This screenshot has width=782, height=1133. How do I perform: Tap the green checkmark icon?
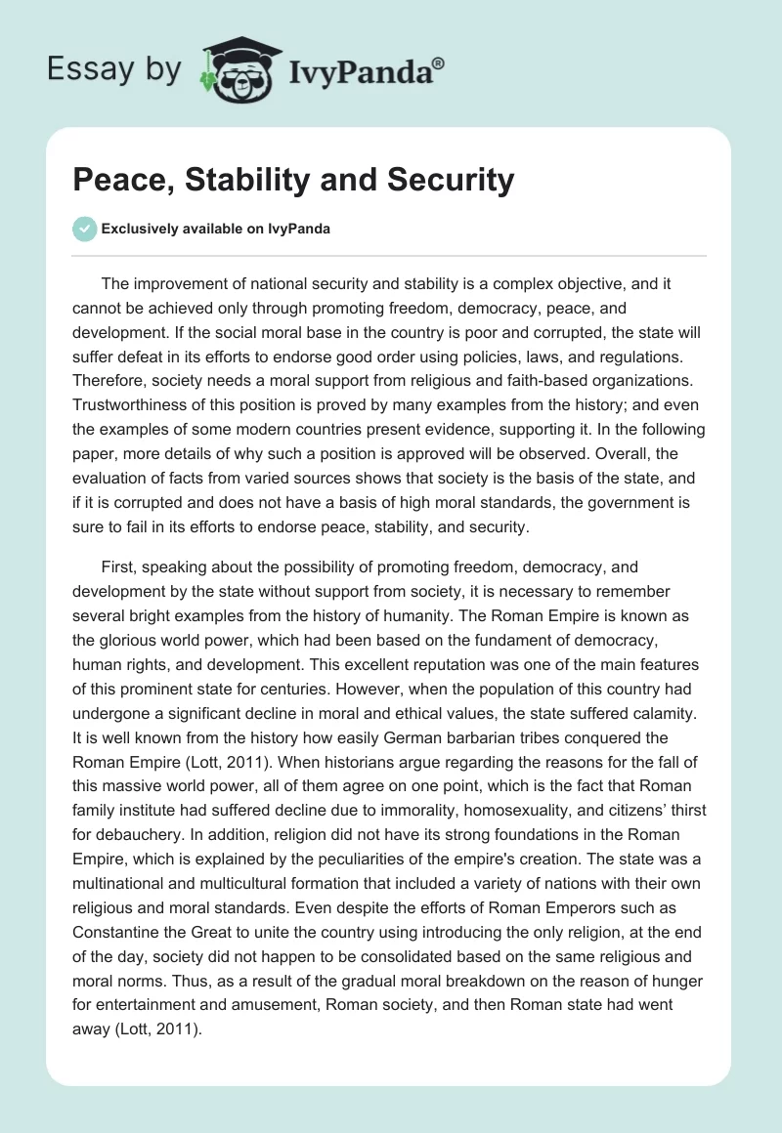coord(84,230)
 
